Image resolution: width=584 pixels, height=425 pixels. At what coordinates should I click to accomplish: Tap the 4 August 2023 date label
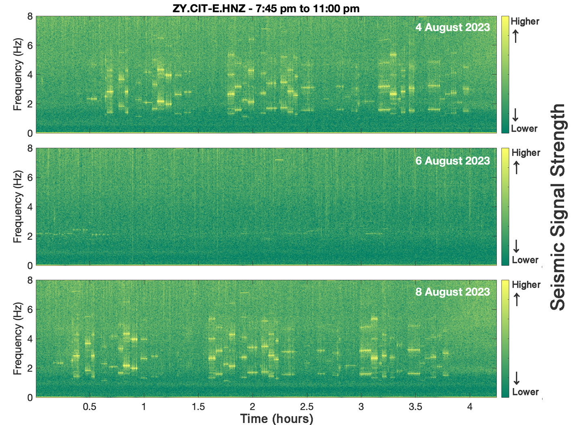[x=453, y=27]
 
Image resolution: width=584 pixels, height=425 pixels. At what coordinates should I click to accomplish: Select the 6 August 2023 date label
[x=453, y=161]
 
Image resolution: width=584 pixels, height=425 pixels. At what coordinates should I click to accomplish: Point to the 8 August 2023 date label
[x=453, y=292]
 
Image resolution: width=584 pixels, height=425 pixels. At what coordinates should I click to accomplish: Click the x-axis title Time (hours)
[x=277, y=419]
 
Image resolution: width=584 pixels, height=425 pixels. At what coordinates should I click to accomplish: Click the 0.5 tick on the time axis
[x=90, y=407]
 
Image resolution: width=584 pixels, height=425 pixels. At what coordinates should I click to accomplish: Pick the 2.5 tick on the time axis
[x=307, y=407]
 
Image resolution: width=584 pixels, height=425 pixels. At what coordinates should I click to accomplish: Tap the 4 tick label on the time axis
[x=470, y=407]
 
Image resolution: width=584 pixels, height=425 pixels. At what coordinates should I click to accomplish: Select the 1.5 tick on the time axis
[x=198, y=407]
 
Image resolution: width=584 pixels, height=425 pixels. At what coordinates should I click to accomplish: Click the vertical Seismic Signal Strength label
[x=558, y=207]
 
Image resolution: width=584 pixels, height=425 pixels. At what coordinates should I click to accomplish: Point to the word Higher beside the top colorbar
[x=525, y=21]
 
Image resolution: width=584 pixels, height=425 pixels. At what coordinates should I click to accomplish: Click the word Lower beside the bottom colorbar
[x=525, y=392]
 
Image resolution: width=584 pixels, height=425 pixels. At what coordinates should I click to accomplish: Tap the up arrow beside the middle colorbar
[x=516, y=168]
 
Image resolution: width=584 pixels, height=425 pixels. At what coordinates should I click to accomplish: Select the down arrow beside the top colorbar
[x=515, y=114]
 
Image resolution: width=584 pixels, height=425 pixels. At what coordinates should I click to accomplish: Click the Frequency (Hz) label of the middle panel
[x=17, y=207]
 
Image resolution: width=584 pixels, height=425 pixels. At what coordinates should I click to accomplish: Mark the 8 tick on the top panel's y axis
[x=30, y=17]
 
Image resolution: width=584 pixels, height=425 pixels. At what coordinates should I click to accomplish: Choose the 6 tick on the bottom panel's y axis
[x=30, y=309]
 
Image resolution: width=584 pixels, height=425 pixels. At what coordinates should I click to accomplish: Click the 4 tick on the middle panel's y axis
[x=30, y=207]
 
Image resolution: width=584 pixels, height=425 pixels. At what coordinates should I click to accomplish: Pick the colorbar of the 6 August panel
[x=505, y=207]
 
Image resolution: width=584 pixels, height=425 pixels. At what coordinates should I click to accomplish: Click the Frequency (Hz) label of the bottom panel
[x=17, y=339]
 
